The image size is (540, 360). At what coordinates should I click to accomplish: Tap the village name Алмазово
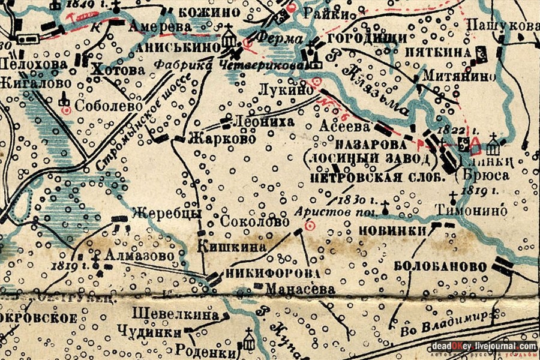pos(140,256)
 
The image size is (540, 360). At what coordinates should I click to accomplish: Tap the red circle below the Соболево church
pos(66,110)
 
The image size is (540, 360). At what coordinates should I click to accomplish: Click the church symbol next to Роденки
pos(248,340)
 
